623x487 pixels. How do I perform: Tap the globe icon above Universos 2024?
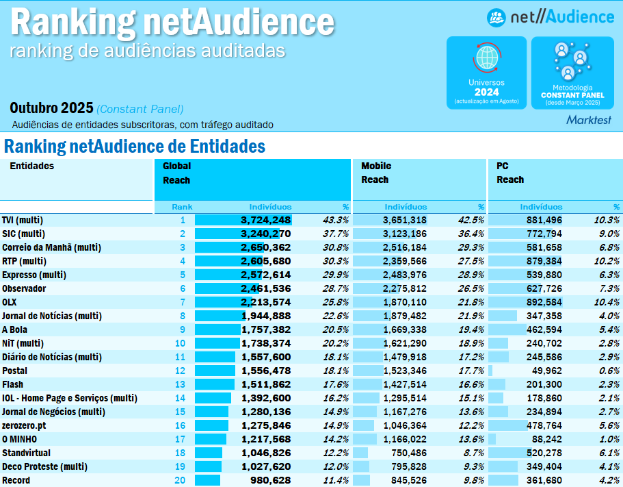pyautogui.click(x=486, y=59)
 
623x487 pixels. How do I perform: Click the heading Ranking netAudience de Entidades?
pyautogui.click(x=135, y=147)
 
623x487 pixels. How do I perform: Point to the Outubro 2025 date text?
pyautogui.click(x=51, y=108)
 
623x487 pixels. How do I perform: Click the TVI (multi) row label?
pyautogui.click(x=23, y=220)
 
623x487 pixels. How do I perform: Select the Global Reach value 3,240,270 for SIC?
pyautogui.click(x=265, y=234)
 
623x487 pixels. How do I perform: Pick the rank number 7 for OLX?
pyautogui.click(x=183, y=302)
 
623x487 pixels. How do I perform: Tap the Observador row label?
pyautogui.click(x=24, y=288)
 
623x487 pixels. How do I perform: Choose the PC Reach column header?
pyautogui.click(x=510, y=173)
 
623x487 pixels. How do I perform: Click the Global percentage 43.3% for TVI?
pyautogui.click(x=336, y=220)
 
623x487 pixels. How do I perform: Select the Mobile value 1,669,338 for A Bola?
pyautogui.click(x=402, y=329)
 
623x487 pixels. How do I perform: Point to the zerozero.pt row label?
pyautogui.click(x=24, y=425)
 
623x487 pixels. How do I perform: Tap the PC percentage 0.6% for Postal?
pyautogui.click(x=609, y=371)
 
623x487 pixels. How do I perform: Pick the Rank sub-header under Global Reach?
pyautogui.click(x=182, y=207)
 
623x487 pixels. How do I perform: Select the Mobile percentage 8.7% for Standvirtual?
pyautogui.click(x=474, y=453)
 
